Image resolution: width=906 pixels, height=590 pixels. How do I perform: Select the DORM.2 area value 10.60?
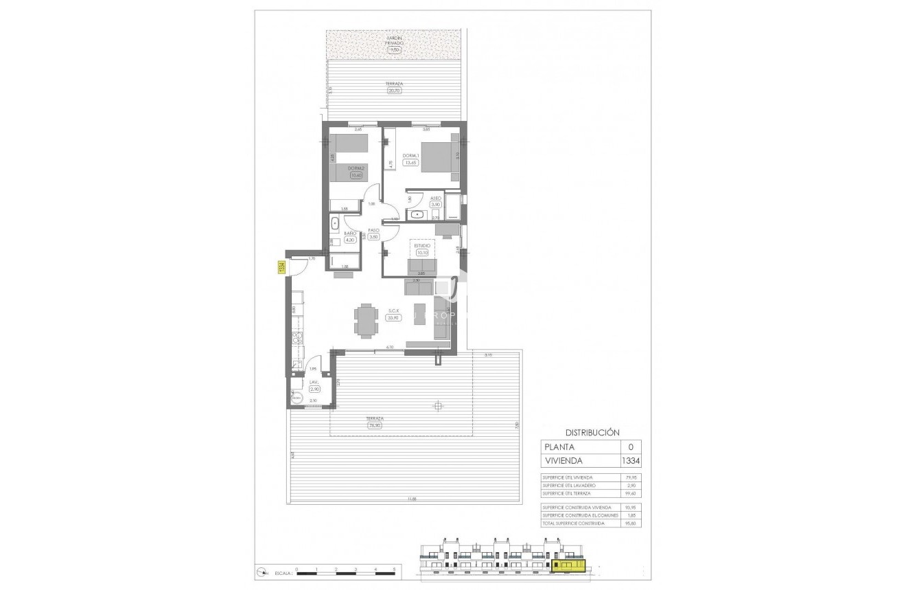click(x=356, y=175)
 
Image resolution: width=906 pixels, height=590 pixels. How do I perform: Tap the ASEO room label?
click(x=435, y=197)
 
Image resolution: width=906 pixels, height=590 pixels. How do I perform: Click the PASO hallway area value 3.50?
click(x=374, y=237)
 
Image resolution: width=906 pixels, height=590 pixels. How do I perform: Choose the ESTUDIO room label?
click(x=422, y=245)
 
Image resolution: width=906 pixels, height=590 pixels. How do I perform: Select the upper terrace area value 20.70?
click(x=394, y=90)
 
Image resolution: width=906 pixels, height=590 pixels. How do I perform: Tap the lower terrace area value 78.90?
click(x=375, y=425)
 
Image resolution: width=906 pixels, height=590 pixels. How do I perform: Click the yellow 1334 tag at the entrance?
click(x=281, y=267)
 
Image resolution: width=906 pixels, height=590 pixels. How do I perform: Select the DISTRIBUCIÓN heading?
click(x=592, y=433)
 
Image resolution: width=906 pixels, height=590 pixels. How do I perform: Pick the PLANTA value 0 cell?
click(x=630, y=446)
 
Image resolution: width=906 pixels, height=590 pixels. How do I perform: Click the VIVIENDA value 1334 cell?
click(x=630, y=461)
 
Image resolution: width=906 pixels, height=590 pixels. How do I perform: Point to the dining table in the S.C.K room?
click(x=366, y=320)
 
